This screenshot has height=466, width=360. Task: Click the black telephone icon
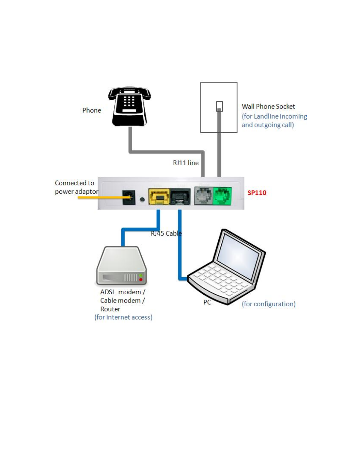click(129, 106)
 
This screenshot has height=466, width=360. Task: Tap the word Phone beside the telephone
click(92, 110)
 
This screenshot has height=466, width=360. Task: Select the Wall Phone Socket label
click(268, 106)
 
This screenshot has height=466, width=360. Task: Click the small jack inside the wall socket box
click(219, 106)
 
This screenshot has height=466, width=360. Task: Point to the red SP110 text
click(257, 193)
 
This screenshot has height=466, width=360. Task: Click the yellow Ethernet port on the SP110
click(159, 197)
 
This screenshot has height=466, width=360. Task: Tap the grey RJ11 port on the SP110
click(203, 196)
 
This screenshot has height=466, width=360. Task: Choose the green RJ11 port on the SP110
click(222, 196)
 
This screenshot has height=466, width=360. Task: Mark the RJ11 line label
click(186, 163)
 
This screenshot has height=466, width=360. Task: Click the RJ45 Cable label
click(166, 233)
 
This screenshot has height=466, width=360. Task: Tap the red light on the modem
click(141, 279)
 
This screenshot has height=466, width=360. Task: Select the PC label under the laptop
click(207, 302)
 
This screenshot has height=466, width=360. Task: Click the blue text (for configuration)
click(269, 304)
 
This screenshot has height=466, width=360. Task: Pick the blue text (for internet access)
click(123, 317)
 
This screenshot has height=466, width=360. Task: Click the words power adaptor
click(77, 192)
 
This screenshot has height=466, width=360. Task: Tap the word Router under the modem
click(110, 309)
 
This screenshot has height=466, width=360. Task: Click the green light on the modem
click(141, 275)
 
